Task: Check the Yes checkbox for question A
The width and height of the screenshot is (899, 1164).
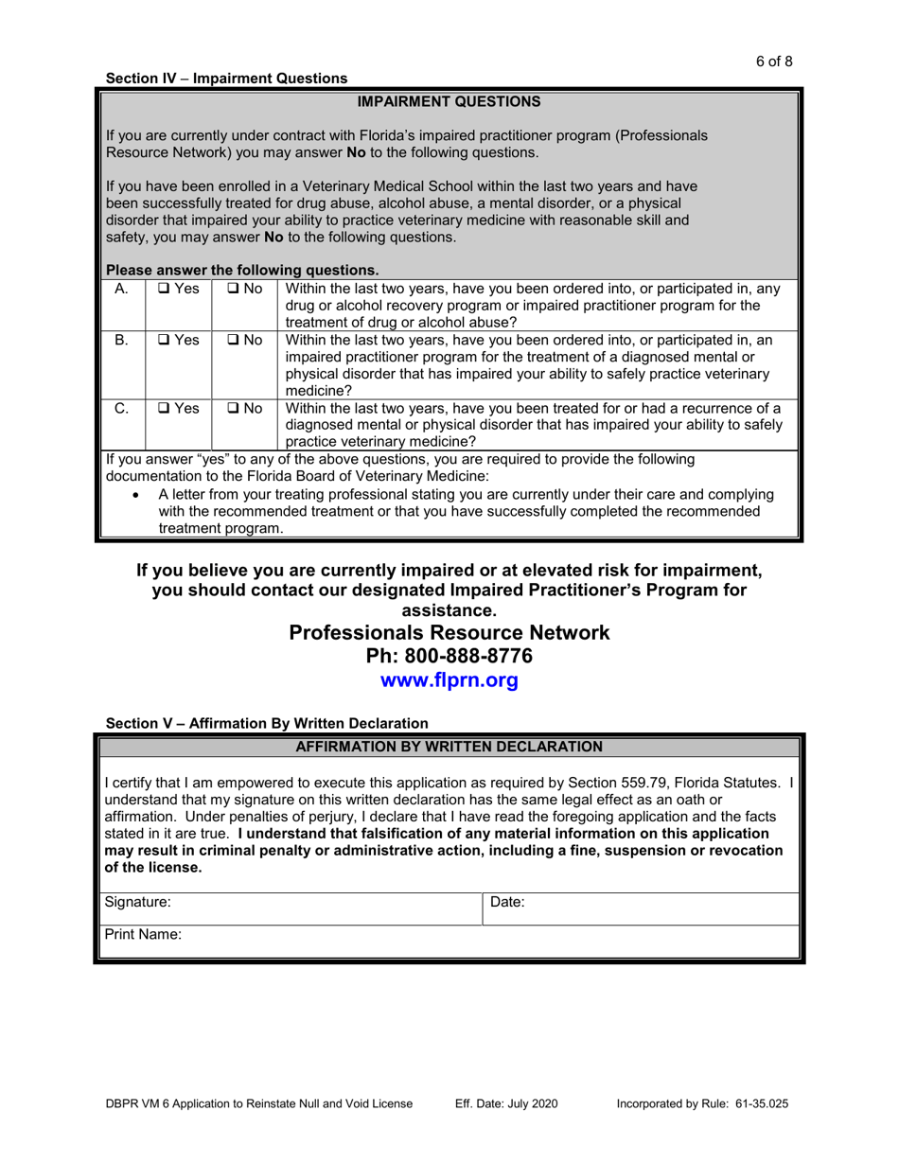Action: [x=164, y=289]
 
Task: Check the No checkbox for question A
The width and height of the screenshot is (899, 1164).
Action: [x=234, y=289]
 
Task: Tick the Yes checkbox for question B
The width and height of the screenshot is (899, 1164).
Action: [x=164, y=339]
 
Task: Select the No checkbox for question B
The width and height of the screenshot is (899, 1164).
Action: [x=234, y=339]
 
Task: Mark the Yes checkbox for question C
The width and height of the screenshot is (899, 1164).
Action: [x=164, y=408]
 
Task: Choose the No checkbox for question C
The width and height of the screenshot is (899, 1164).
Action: [x=234, y=408]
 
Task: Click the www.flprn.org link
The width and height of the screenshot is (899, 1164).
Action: [x=449, y=680]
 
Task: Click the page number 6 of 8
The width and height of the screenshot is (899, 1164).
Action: [x=773, y=62]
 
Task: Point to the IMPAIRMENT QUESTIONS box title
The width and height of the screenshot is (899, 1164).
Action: [x=449, y=101]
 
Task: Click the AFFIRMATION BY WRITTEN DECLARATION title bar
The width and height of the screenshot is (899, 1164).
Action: [x=449, y=747]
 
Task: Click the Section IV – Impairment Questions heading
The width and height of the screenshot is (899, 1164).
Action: [x=226, y=79]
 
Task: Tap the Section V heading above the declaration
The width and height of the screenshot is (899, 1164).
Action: [x=267, y=723]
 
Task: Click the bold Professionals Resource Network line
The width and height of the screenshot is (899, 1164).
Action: [x=449, y=632]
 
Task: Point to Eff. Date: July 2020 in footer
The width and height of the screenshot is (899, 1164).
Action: [x=506, y=1103]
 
